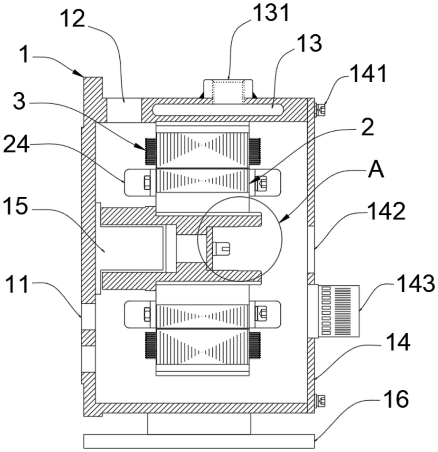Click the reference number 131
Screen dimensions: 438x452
[x=270, y=13]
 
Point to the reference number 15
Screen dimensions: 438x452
[x=16, y=206]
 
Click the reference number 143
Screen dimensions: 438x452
[x=416, y=284]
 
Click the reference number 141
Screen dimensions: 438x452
[x=368, y=73]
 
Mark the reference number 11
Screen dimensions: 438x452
[x=17, y=284]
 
